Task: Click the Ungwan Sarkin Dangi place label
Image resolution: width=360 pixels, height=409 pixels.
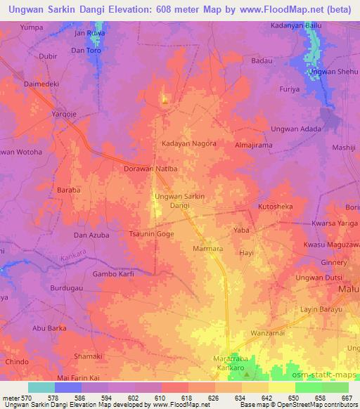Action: (179, 201)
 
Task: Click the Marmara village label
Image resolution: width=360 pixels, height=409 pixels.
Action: (207, 249)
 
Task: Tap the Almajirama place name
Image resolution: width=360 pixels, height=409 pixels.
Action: (252, 145)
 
